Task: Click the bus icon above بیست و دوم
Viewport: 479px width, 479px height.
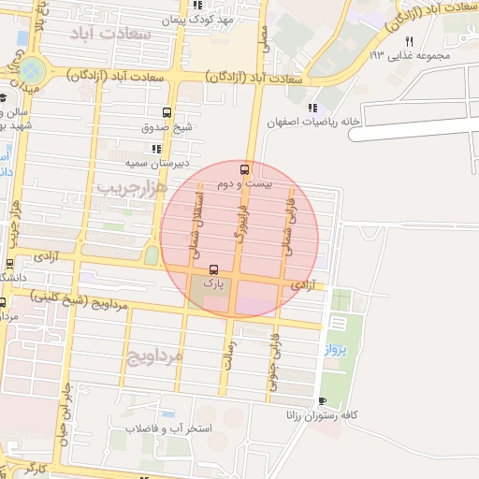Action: [x=244, y=169]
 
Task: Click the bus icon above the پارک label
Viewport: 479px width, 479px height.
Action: [x=214, y=269]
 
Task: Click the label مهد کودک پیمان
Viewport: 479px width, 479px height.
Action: [x=196, y=19]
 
